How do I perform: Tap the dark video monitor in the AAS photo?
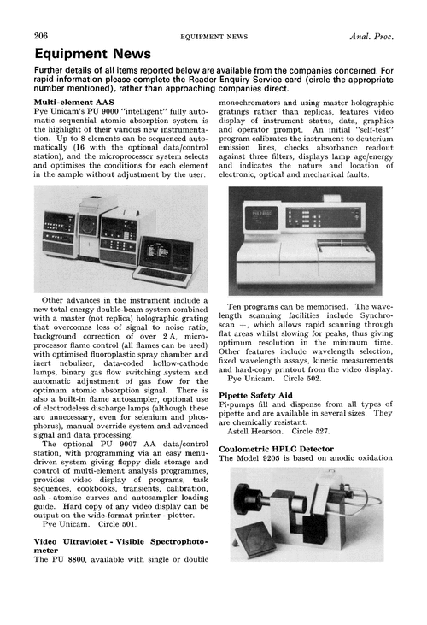click(x=168, y=253)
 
